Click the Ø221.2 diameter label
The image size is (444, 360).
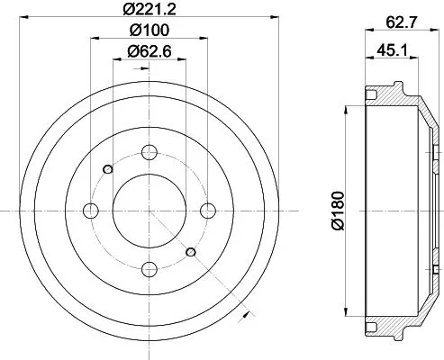point(149,12)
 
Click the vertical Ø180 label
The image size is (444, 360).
point(338,211)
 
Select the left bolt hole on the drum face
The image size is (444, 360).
point(90,211)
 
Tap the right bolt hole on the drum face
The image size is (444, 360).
point(208,211)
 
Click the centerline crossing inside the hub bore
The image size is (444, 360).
point(149,211)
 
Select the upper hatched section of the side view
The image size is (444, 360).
point(396,99)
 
